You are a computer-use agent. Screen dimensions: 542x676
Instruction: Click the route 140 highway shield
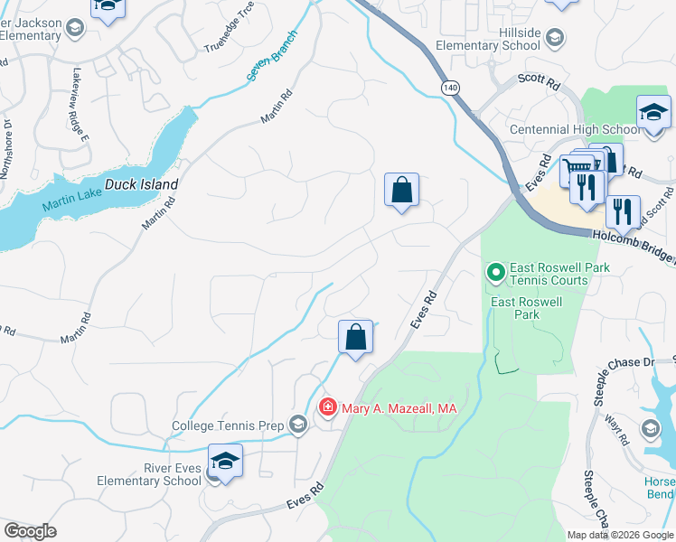tap(449, 86)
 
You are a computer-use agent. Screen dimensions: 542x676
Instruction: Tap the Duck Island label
tap(141, 184)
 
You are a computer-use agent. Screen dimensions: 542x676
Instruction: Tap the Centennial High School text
tap(574, 130)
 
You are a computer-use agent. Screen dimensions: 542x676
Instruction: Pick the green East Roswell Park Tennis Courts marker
tap(495, 271)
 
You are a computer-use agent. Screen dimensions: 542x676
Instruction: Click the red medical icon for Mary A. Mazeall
tap(327, 408)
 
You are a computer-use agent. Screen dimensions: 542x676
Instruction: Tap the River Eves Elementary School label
tap(149, 474)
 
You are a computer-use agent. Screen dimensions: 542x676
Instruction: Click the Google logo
tap(31, 531)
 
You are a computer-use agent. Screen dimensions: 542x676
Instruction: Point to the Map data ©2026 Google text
tap(619, 535)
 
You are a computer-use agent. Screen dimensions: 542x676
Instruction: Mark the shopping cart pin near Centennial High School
tap(578, 168)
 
